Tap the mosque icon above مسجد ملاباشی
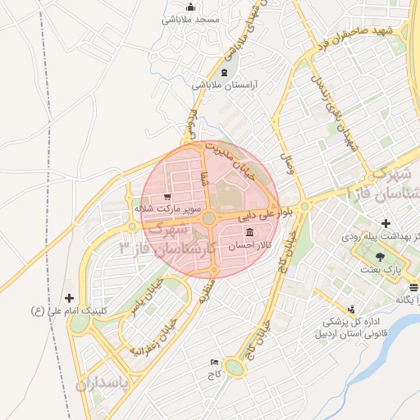click(190, 7)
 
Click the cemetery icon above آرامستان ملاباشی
click(225, 73)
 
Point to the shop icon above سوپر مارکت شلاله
click(167, 197)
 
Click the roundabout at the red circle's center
click(209, 218)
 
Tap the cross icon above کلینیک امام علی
click(69, 298)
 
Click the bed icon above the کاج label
click(215, 362)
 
